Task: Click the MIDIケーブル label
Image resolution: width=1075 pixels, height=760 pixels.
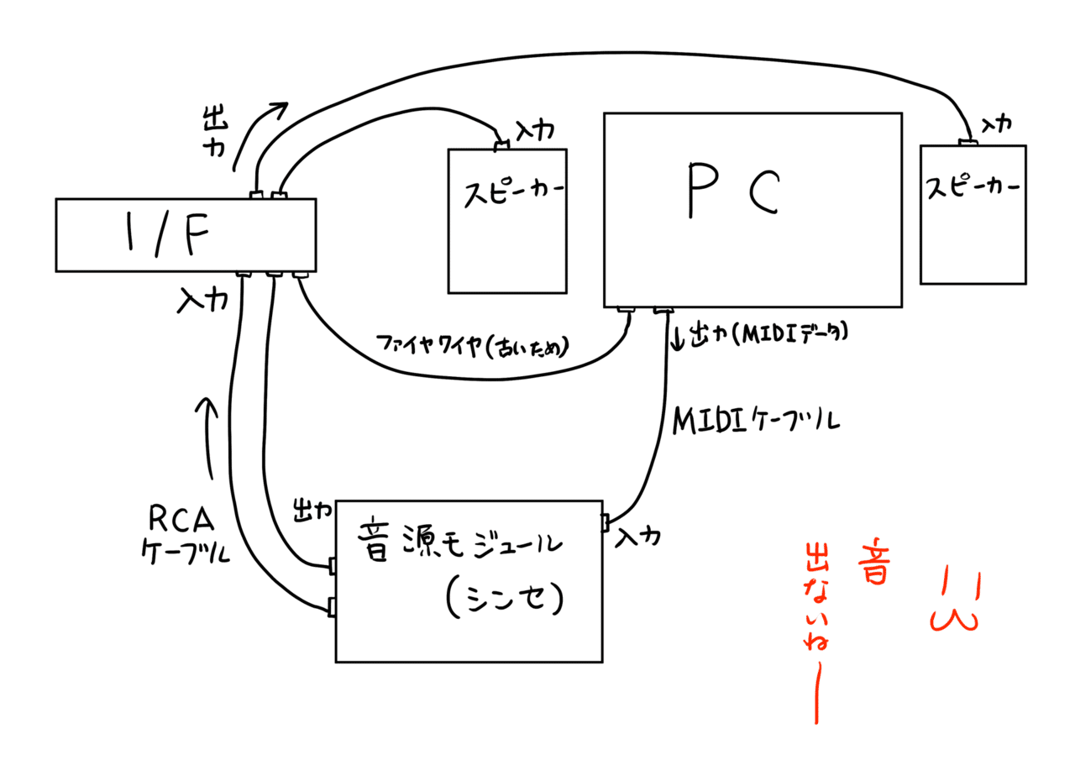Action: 756,419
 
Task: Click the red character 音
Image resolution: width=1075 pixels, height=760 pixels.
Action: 873,562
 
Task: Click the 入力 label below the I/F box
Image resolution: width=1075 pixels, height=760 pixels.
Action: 202,298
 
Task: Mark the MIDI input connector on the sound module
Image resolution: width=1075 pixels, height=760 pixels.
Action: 605,523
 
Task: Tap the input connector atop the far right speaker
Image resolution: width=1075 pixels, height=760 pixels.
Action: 968,142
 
